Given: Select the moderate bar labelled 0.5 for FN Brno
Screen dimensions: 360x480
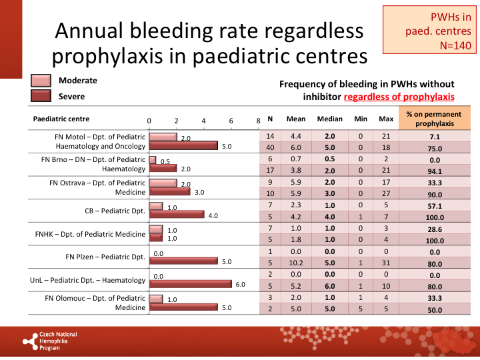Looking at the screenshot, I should coord(153,161).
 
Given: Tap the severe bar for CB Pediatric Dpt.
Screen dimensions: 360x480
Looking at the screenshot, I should coord(176,215).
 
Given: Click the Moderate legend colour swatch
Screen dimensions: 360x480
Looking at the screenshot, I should coord(41,81).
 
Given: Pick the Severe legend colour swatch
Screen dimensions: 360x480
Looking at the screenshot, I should coord(41,96).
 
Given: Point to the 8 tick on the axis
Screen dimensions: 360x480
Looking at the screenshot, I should coord(258,121).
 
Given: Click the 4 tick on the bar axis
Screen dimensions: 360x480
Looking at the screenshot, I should coord(203,121).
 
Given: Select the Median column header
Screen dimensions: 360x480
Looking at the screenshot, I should coord(329,119).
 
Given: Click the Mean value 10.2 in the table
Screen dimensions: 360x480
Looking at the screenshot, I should coord(296,262).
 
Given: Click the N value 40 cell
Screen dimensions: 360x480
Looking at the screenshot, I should coord(270,147).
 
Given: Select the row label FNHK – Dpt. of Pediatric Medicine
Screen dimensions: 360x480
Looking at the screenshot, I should coord(90,234).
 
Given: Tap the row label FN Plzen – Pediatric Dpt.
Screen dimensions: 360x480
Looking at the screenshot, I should coord(105,257).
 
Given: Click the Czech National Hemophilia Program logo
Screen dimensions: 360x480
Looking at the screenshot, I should coord(50,341).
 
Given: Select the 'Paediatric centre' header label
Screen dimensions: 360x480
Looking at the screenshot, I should coord(61,119).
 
